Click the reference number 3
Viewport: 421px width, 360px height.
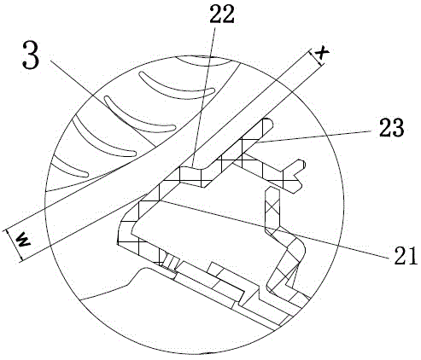pos(31,55)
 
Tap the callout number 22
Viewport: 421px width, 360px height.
pos(222,14)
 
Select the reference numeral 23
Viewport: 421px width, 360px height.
pos(391,127)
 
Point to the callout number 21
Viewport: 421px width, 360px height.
pos(406,256)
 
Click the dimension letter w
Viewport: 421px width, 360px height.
pos(23,241)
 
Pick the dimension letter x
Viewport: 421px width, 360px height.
pos(322,53)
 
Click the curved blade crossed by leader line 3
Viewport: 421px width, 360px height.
pos(138,114)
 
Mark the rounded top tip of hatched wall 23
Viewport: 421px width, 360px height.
pos(268,122)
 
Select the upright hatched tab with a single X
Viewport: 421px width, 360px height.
pos(272,206)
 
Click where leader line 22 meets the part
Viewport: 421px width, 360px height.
pos(193,166)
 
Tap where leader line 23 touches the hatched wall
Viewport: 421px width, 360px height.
pos(255,143)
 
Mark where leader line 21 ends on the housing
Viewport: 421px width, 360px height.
pos(161,200)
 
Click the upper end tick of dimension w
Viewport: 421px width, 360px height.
pos(6,229)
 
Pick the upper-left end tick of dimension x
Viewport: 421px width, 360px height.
pos(311,50)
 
